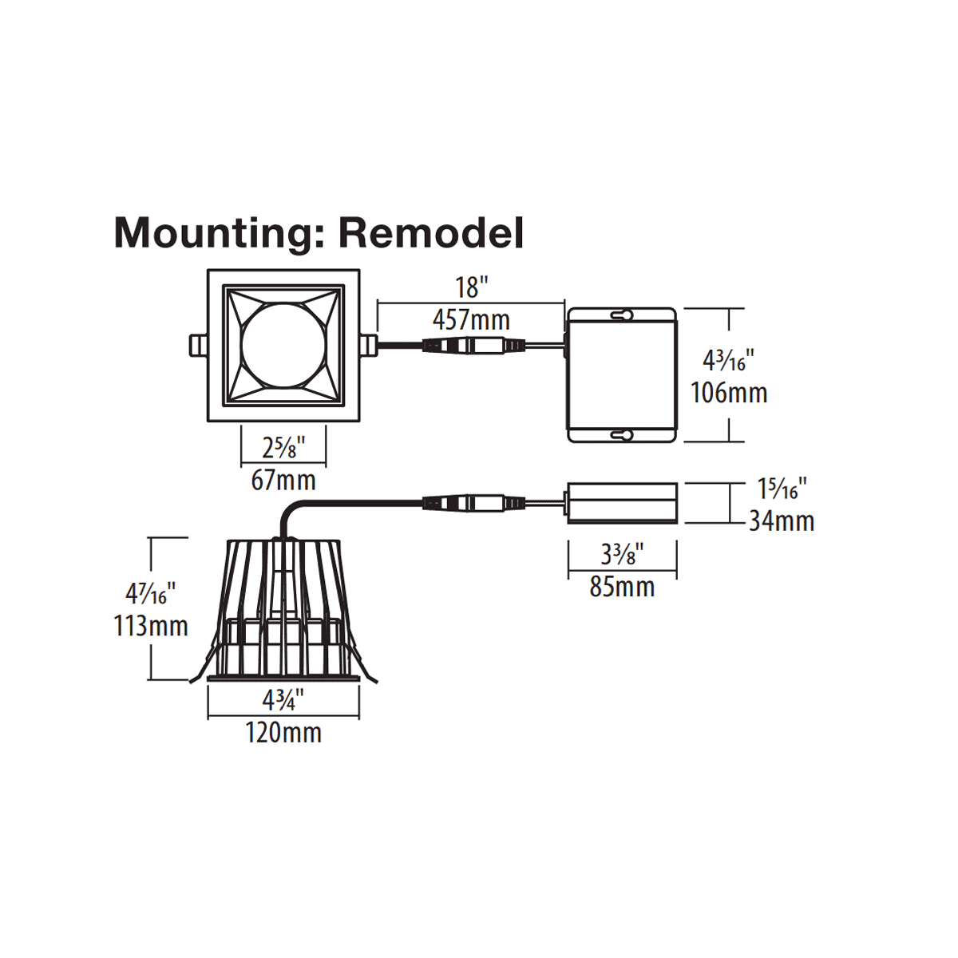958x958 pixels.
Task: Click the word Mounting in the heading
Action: pos(212,232)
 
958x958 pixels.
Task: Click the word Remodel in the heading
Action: pos(431,232)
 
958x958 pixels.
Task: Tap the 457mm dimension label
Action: pos(471,320)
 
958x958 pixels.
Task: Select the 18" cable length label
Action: pos(471,287)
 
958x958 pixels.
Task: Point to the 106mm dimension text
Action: pos(729,393)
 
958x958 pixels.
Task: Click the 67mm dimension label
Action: pos(283,481)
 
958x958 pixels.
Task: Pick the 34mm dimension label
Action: pos(782,521)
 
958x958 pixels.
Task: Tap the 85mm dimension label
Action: pos(622,588)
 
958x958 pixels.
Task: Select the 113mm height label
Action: pos(151,626)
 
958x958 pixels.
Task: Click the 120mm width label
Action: pos(283,732)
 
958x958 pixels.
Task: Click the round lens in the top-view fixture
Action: pos(283,346)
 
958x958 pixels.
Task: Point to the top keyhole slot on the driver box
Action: pos(622,315)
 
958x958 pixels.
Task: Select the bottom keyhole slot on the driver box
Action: pos(622,435)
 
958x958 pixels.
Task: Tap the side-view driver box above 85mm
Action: pos(622,503)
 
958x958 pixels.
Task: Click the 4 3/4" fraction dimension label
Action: pos(283,701)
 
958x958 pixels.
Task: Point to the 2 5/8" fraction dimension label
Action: pos(283,448)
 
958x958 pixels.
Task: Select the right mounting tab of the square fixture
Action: pos(368,346)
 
